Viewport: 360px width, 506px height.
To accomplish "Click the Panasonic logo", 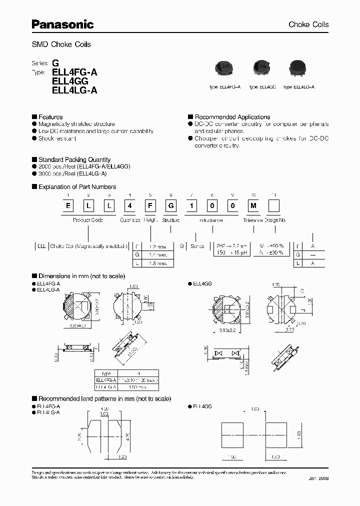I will coord(63,23).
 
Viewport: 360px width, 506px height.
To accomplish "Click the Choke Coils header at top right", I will coord(308,24).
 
